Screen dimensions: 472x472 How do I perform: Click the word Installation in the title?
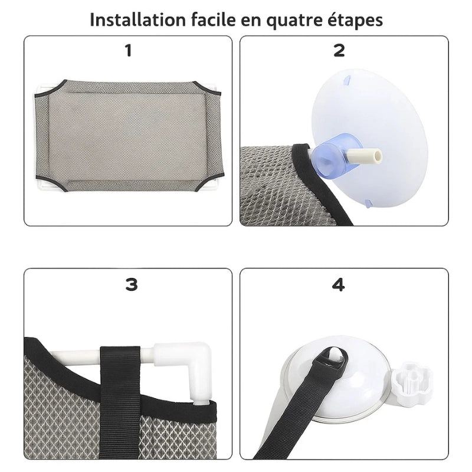click(x=137, y=19)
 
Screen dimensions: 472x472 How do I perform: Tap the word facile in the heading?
click(x=213, y=19)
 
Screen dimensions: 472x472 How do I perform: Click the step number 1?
click(x=129, y=51)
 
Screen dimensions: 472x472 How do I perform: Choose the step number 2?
click(x=339, y=51)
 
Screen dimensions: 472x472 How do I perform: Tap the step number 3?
click(x=132, y=285)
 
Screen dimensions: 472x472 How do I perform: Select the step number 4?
click(x=338, y=285)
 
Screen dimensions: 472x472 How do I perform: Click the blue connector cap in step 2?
click(x=329, y=157)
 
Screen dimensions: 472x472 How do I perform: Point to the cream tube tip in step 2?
click(x=365, y=156)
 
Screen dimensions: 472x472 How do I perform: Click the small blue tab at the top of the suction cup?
click(x=346, y=80)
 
